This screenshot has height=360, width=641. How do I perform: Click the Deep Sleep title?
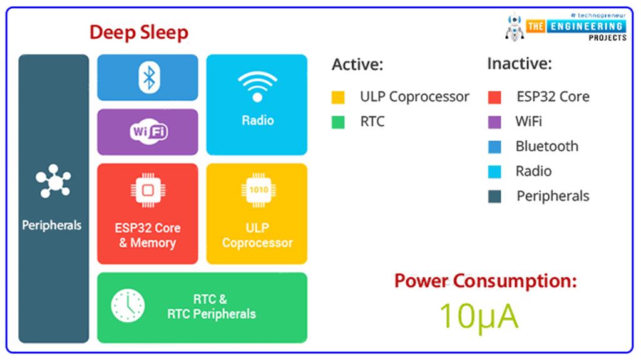tap(138, 32)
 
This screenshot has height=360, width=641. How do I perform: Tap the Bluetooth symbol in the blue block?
tap(148, 78)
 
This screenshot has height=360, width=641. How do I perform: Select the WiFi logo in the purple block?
tap(148, 132)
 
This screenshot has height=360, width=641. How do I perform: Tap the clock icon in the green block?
tap(128, 306)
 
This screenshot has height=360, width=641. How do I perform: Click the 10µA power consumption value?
tap(478, 316)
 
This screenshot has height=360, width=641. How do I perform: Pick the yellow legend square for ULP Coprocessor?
tap(338, 98)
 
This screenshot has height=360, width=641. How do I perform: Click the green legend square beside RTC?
tap(338, 122)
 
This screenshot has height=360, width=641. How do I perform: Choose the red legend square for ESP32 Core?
tap(494, 98)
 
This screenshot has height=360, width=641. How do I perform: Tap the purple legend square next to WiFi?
tap(494, 122)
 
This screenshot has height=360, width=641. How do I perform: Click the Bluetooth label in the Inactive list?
tap(546, 147)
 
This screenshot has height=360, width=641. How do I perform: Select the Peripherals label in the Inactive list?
tap(553, 196)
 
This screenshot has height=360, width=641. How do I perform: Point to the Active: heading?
tap(357, 64)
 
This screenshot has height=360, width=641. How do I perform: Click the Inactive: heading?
tap(519, 64)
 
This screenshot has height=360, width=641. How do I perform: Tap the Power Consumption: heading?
tap(485, 280)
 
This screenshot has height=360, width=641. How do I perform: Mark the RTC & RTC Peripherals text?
tap(211, 307)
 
